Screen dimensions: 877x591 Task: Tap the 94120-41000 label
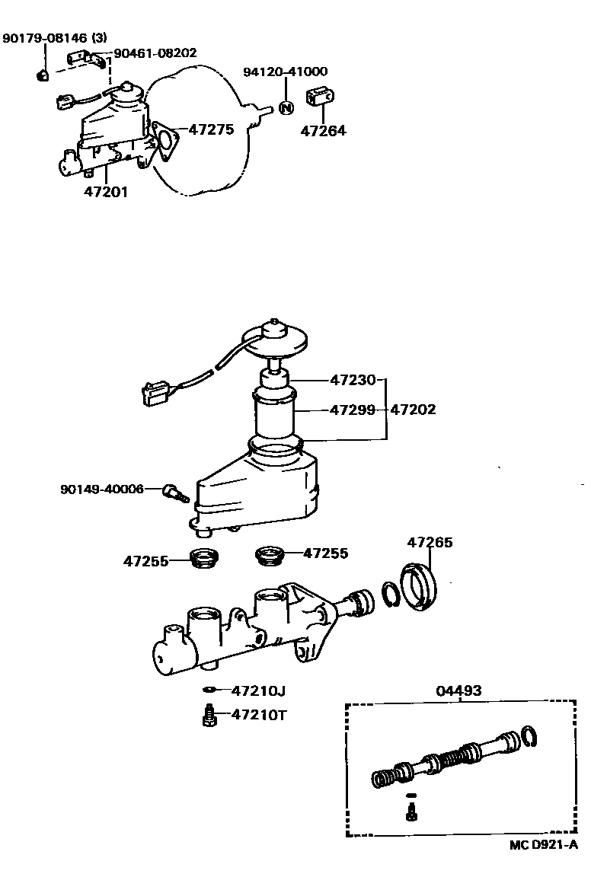(285, 72)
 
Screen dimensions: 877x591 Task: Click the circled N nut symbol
(286, 107)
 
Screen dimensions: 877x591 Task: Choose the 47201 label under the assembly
(106, 192)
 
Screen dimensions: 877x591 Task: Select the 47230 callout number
(353, 378)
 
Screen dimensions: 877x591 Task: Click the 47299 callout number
(353, 410)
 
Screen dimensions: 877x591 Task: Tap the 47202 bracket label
(413, 410)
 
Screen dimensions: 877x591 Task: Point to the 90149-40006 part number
(101, 489)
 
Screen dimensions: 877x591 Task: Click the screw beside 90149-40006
(176, 493)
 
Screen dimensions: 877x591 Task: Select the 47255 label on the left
(145, 561)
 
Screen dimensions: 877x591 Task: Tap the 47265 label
(430, 542)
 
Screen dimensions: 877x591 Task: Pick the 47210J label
(258, 690)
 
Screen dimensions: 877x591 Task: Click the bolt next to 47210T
(208, 716)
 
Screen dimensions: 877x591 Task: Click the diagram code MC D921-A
(544, 844)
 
